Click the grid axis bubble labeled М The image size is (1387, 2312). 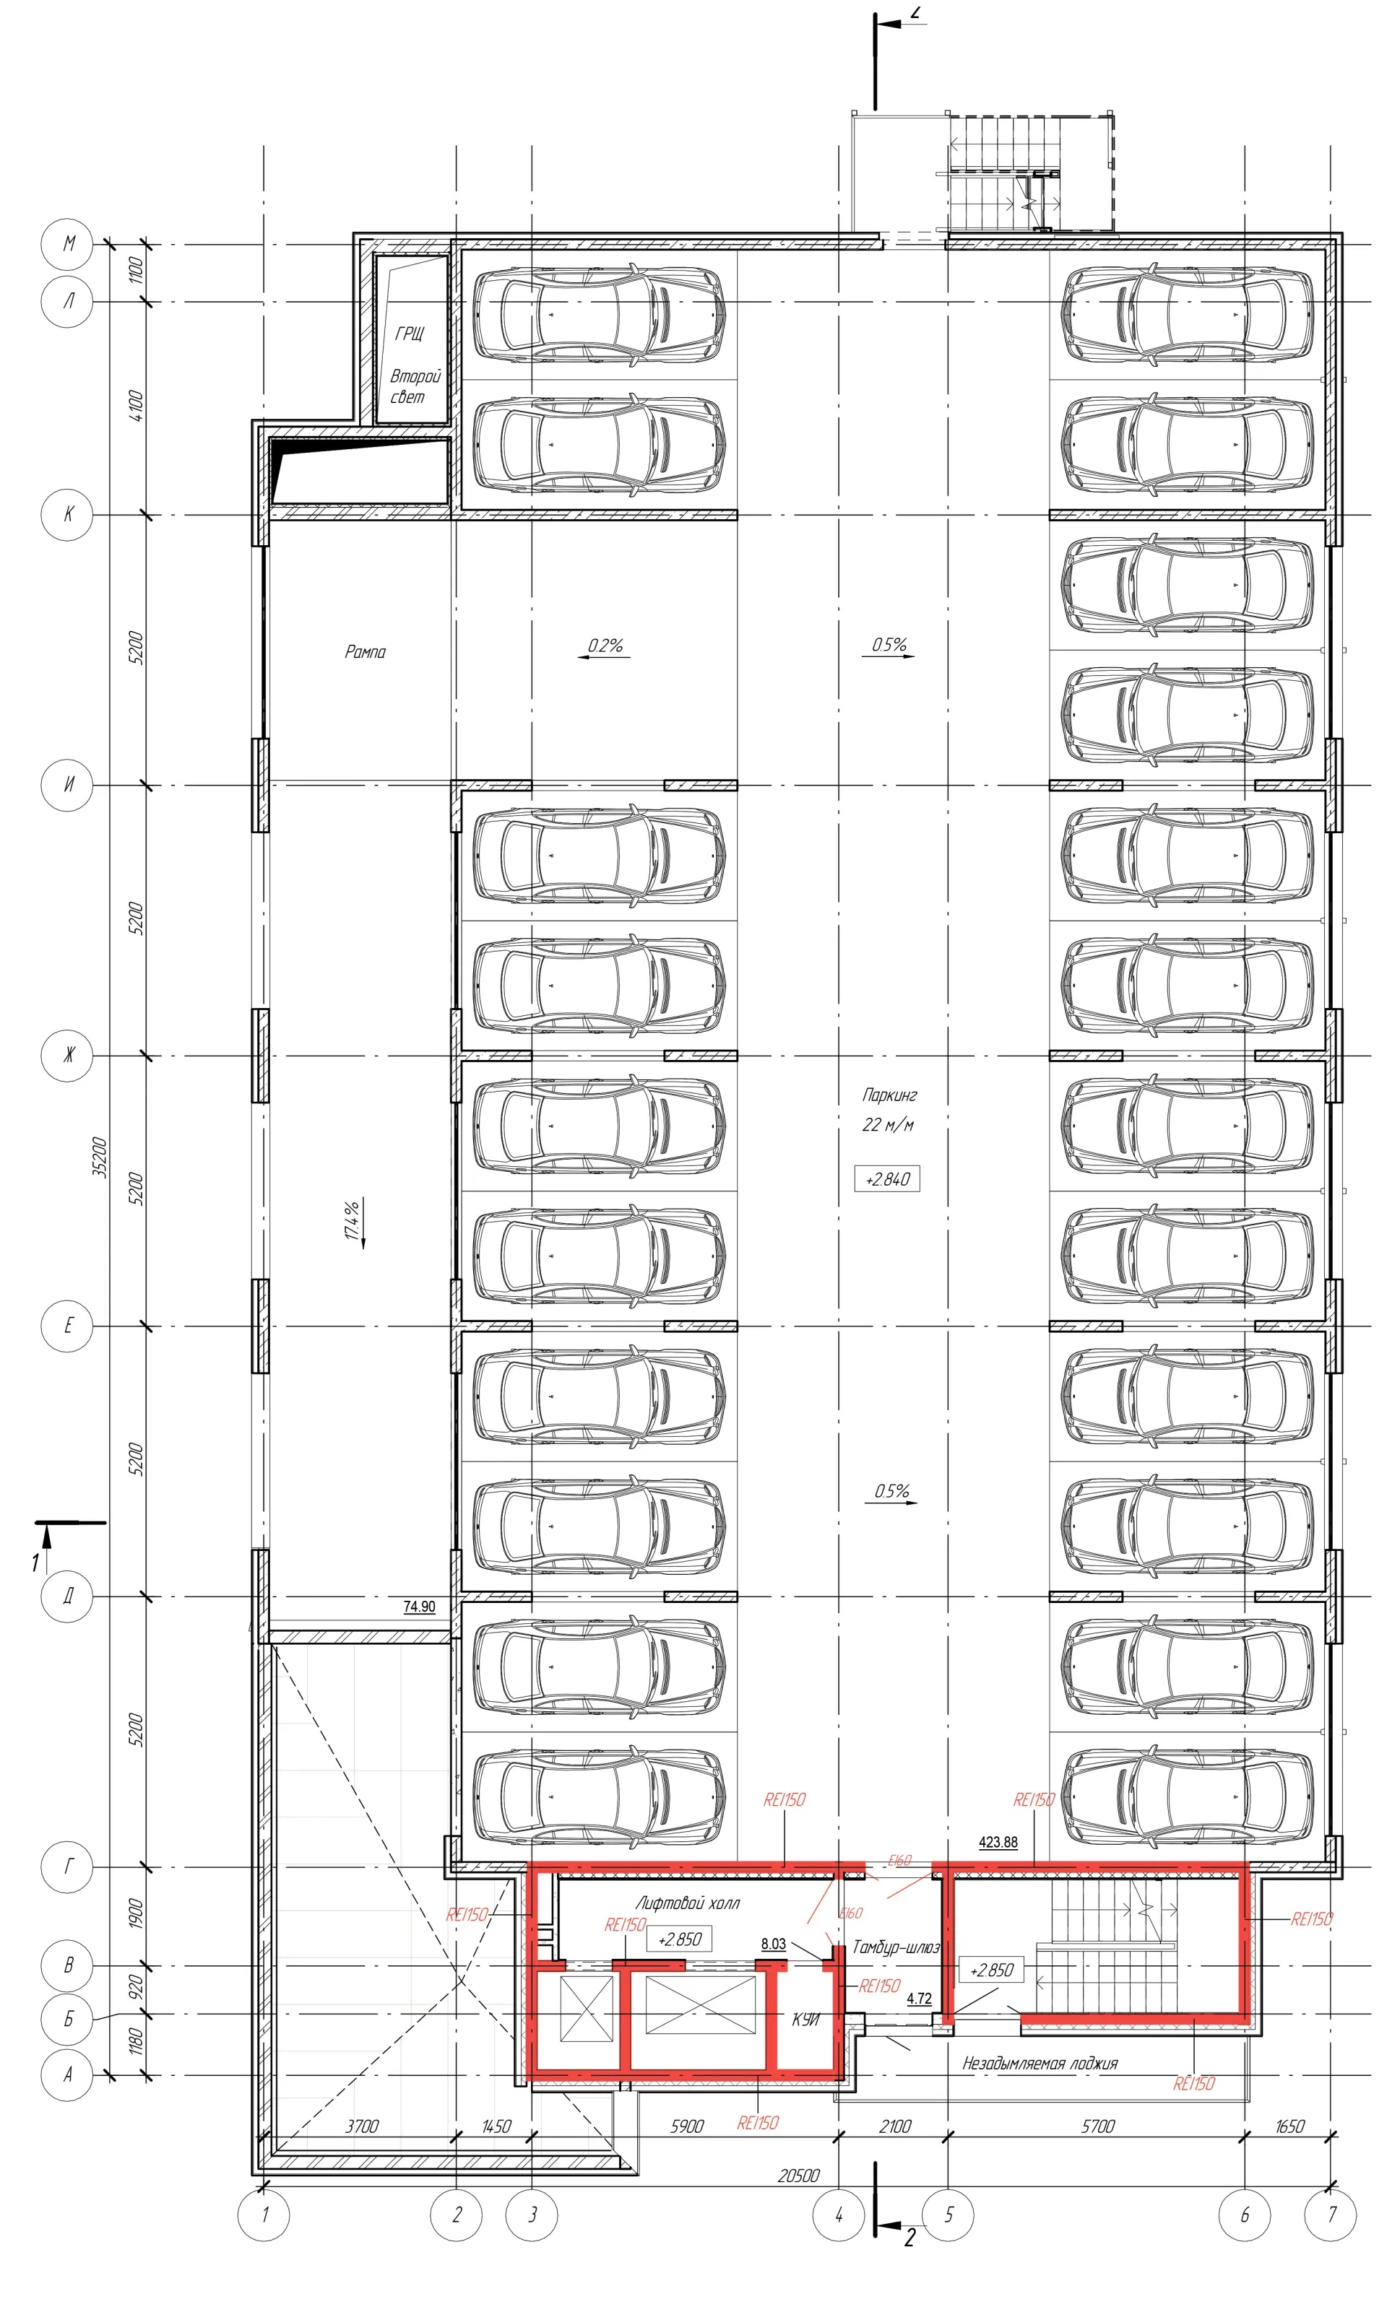[x=67, y=245]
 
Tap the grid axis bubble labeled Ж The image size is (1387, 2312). [x=67, y=1056]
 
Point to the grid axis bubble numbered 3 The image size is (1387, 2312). [x=532, y=2214]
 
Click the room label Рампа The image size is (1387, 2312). [x=366, y=652]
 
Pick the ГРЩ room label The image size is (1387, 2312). [x=410, y=334]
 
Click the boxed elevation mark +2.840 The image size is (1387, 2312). [x=887, y=1179]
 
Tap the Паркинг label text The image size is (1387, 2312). [x=890, y=1095]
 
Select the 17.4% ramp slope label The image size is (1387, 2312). [x=353, y=1220]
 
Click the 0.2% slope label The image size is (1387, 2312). [x=605, y=646]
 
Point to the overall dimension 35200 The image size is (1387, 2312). [x=100, y=1157]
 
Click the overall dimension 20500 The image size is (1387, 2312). [x=799, y=2176]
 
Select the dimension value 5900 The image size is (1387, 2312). [x=687, y=2126]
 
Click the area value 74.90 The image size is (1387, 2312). [x=420, y=1607]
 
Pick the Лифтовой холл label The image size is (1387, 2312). [x=688, y=1903]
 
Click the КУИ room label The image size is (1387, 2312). [x=805, y=2020]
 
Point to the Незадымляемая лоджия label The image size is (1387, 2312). [x=1040, y=2064]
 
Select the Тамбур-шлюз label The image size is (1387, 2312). [x=895, y=1947]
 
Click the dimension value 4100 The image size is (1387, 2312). [x=137, y=407]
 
